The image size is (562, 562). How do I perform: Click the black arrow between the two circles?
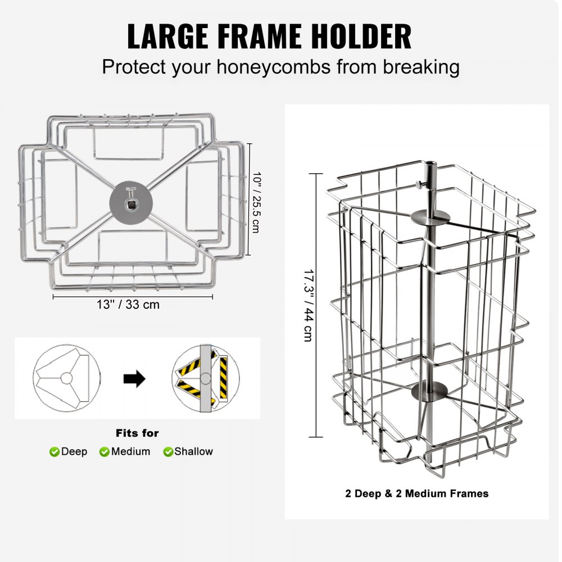point(134,379)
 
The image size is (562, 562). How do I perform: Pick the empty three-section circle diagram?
point(66,378)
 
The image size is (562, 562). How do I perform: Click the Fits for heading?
point(137,433)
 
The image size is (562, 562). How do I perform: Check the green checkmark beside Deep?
point(55,452)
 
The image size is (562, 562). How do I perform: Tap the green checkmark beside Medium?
point(105,452)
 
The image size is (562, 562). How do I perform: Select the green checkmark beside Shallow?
point(168,452)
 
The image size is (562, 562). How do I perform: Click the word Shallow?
point(194,451)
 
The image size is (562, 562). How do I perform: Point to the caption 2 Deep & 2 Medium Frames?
point(416,494)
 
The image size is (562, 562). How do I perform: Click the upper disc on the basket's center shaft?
point(426,216)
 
